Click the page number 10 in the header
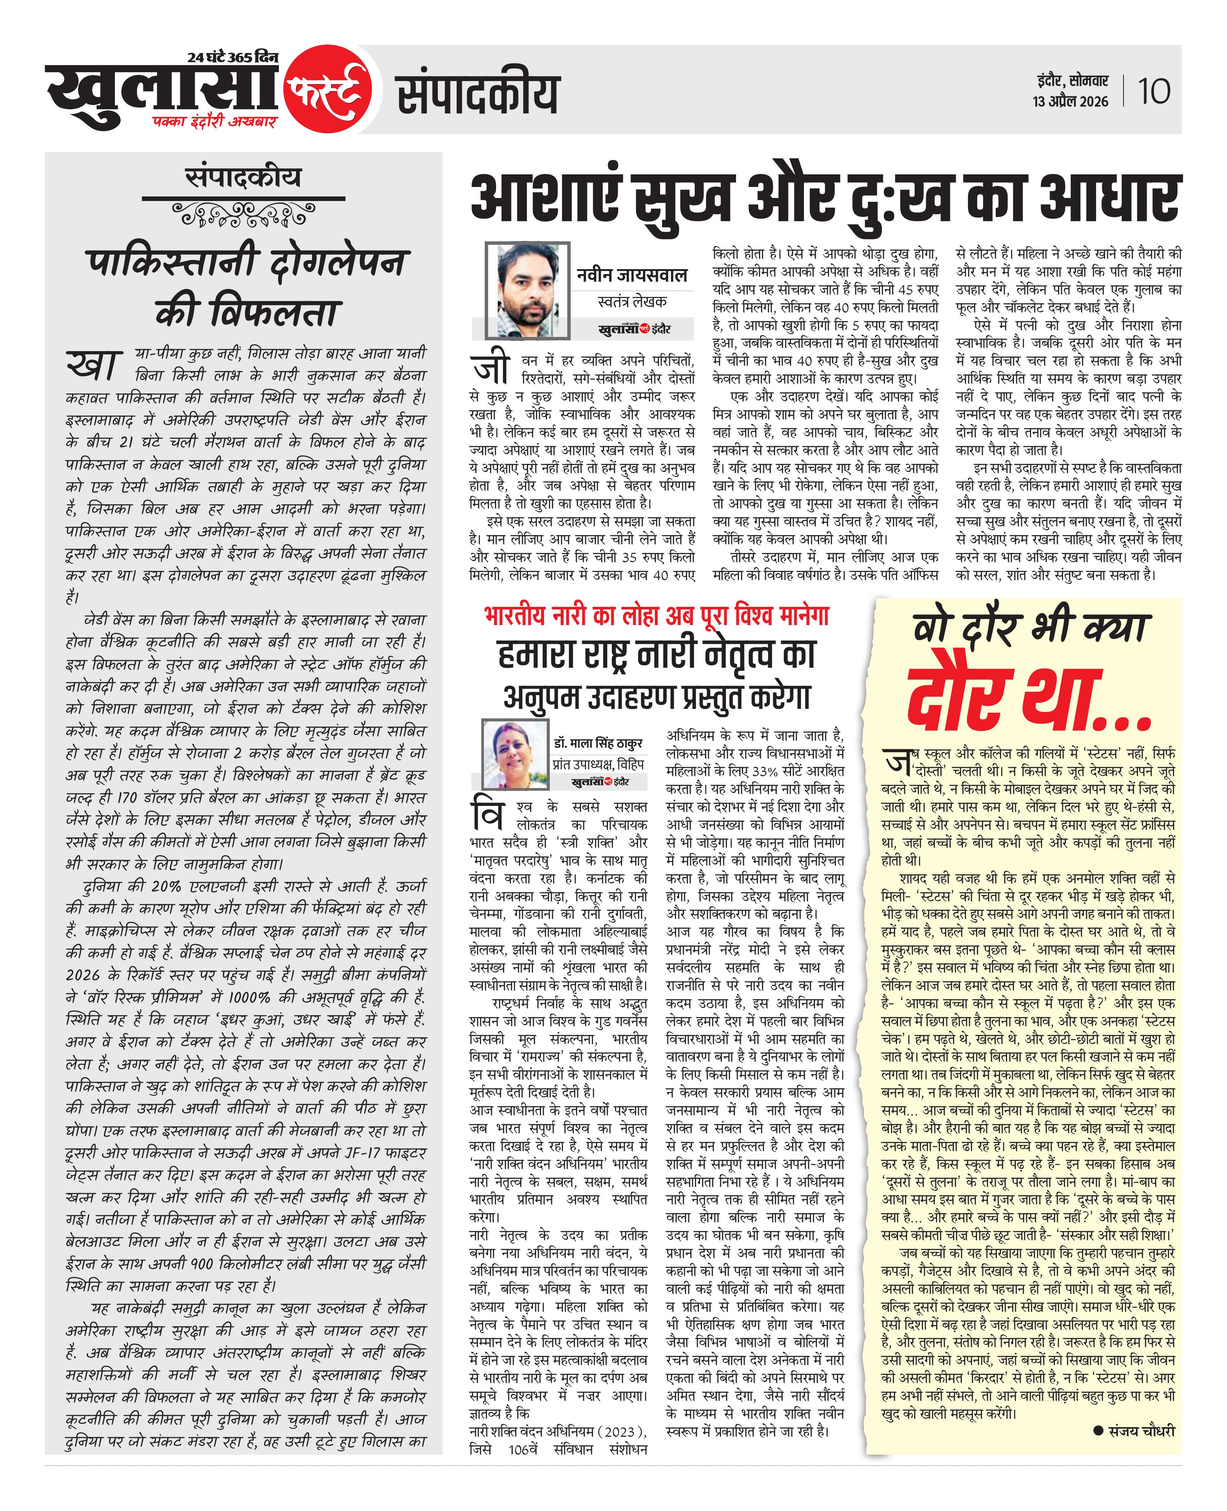[1154, 92]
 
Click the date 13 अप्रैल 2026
[1070, 102]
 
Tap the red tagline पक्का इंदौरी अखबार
[213, 121]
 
